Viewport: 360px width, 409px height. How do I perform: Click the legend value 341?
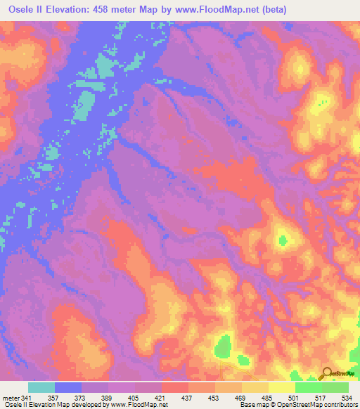tap(27, 397)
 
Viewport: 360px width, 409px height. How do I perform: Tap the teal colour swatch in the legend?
tap(41, 387)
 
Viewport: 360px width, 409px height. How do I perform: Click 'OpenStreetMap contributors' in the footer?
tap(315, 405)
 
